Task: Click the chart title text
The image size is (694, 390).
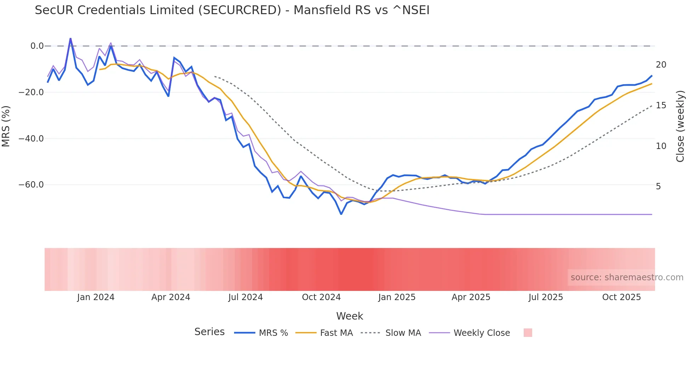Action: pos(232,10)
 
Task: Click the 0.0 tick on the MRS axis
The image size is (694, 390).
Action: pos(37,46)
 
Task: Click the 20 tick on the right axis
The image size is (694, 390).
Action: pos(661,65)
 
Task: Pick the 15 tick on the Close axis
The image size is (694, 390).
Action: pos(661,105)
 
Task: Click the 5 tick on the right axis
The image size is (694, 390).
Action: pos(658,187)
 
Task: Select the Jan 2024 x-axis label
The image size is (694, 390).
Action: pos(96,297)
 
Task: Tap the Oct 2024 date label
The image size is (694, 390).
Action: pos(321,297)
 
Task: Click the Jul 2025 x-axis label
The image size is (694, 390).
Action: pos(546,297)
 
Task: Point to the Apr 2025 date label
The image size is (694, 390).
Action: pos(471,297)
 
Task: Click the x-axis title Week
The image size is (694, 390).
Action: pos(349,316)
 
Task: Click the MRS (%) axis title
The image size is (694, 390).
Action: pos(6,126)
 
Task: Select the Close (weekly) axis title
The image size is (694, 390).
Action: pos(680,126)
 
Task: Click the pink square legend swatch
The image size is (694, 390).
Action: pos(528,333)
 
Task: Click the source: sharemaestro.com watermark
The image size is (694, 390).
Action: pos(627,277)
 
